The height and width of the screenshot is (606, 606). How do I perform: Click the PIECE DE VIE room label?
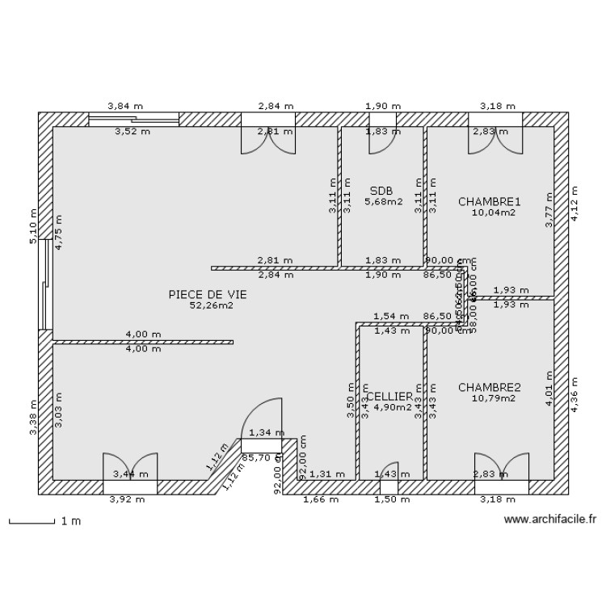click(208, 295)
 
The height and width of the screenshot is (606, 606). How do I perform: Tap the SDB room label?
click(381, 191)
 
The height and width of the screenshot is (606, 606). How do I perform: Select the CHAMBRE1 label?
click(490, 201)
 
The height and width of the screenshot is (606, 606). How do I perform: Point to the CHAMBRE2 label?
click(490, 388)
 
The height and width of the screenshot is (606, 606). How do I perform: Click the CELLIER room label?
click(390, 397)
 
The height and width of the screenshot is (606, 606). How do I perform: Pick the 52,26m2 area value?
click(211, 306)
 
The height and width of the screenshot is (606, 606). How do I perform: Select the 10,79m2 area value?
click(493, 399)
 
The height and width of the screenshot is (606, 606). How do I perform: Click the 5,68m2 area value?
click(383, 202)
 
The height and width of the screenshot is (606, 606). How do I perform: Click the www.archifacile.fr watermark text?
click(549, 521)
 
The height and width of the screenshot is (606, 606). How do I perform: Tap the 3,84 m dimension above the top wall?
click(126, 106)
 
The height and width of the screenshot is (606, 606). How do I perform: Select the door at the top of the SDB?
click(383, 139)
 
